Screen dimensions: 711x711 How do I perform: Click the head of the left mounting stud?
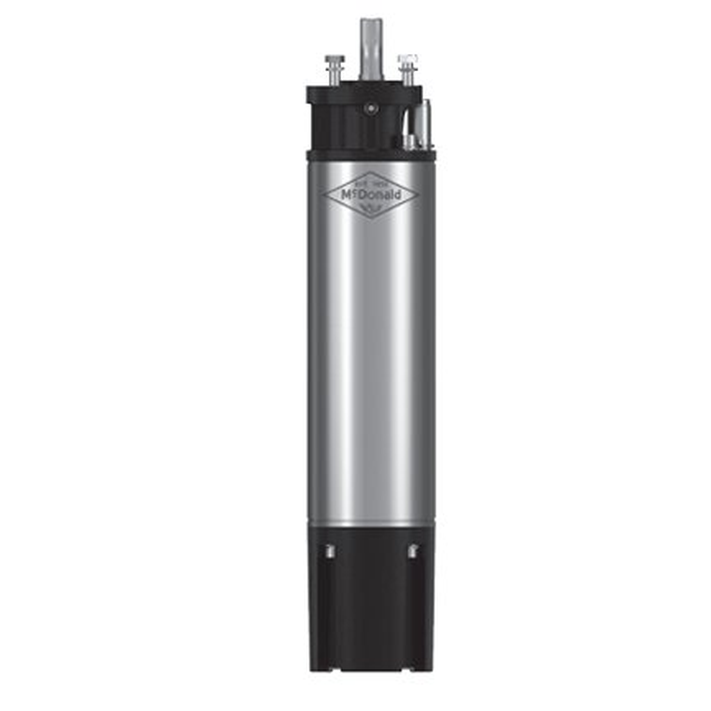coord(335,59)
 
